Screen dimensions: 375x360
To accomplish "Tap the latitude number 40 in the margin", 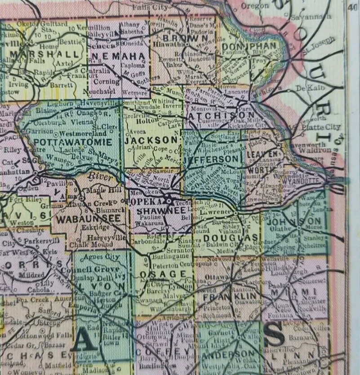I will point(353,5).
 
